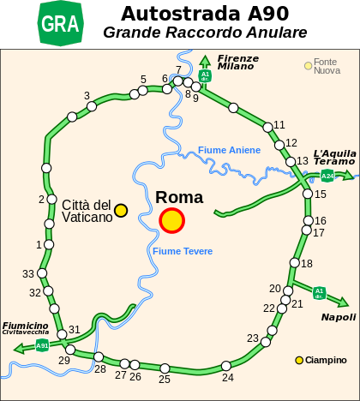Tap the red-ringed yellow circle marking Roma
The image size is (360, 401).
171,220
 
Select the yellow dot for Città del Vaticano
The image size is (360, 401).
121,210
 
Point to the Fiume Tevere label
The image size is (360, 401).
183,251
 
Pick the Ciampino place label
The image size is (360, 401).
327,360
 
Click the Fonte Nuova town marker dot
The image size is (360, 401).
309,65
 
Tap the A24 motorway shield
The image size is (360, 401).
327,177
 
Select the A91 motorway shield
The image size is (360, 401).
42,346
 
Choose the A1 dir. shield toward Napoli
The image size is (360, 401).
319,292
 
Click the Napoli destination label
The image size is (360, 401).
339,317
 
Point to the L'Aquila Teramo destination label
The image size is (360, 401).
333,156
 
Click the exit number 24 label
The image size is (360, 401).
227,377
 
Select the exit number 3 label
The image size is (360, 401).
87,96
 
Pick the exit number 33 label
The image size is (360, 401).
28,274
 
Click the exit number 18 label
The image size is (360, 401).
307,263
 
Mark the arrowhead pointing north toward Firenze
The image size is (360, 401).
205,61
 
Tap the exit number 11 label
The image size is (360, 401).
279,125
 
